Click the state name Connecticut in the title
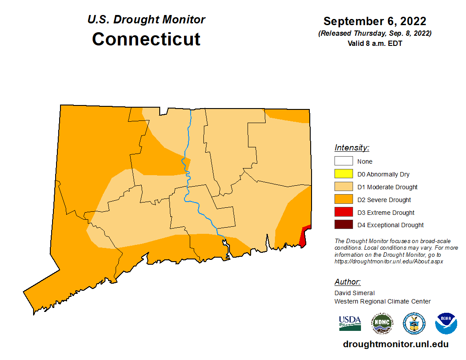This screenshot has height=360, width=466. tap(146, 39)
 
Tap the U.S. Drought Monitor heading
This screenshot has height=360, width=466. tap(146, 20)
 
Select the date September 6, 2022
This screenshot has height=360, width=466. tap(375, 21)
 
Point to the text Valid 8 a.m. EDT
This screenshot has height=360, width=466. tap(375, 43)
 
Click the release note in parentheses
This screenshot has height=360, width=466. tap(375, 34)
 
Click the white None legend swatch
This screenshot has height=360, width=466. tap(343, 161)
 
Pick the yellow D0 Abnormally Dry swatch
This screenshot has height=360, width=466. tap(343, 174)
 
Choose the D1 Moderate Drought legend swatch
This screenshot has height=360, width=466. tap(343, 187)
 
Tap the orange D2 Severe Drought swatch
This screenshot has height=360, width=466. tap(343, 200)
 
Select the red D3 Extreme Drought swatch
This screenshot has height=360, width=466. tap(343, 212)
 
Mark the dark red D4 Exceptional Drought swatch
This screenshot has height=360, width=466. tap(343, 225)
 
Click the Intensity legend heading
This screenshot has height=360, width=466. tap(352, 148)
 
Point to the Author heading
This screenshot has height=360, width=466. tap(347, 282)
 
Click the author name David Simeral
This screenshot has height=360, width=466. tap(354, 293)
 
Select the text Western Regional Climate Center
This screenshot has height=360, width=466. tap(382, 301)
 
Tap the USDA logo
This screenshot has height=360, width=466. tap(350, 323)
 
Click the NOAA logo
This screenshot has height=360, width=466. tap(446, 323)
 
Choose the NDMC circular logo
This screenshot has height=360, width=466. tap(382, 323)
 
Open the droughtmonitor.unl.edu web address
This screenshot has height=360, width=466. tap(395, 345)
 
